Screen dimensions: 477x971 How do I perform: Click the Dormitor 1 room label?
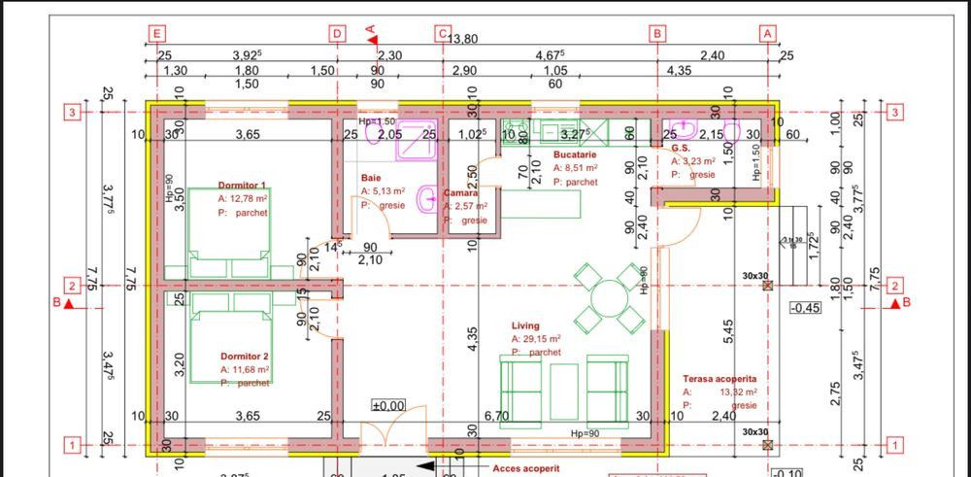point(242,185)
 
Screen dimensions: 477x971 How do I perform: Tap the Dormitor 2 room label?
point(245,357)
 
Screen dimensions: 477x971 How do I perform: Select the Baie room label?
point(371,179)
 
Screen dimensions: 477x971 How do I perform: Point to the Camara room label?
point(461,193)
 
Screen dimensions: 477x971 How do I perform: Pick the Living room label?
point(525,325)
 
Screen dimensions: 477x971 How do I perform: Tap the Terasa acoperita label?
point(720,379)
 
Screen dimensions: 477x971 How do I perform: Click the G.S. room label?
point(680,148)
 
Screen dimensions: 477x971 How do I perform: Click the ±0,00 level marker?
point(388,405)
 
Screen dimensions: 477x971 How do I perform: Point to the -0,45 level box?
point(806,309)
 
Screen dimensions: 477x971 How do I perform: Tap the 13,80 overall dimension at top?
point(462,39)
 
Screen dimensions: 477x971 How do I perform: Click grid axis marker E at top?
point(157,33)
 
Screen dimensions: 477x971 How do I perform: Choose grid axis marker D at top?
point(337,33)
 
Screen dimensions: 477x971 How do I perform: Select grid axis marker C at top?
point(443,33)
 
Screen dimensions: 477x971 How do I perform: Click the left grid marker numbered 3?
point(71,112)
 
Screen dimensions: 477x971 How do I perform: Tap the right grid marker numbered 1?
point(895,446)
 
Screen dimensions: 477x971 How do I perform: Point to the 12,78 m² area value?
point(249,198)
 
